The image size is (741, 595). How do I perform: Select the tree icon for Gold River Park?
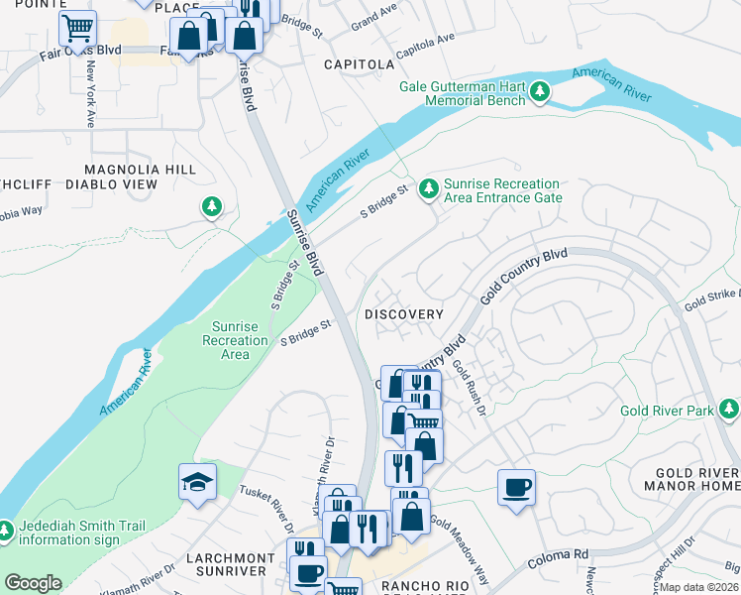click(x=729, y=409)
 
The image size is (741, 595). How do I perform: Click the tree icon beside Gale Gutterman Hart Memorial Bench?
click(x=540, y=93)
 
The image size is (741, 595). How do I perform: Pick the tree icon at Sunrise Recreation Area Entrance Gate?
click(x=429, y=187)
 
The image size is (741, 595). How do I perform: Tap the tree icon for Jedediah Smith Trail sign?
click(x=5, y=531)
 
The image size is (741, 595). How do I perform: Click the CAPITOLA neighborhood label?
click(x=359, y=64)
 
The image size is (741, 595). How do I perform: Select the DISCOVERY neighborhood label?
click(x=403, y=314)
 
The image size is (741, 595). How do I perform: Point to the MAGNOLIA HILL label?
click(x=140, y=170)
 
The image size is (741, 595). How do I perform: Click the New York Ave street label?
click(x=90, y=95)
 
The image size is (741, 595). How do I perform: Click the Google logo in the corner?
click(x=33, y=583)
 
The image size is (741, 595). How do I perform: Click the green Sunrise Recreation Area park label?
click(x=235, y=340)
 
